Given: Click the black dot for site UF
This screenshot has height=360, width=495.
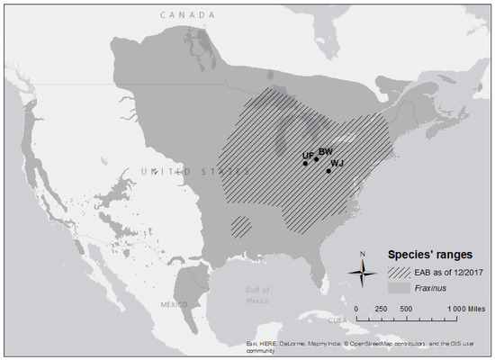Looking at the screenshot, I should pyautogui.click(x=305, y=164).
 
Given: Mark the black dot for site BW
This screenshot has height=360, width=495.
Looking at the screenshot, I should pyautogui.click(x=316, y=159).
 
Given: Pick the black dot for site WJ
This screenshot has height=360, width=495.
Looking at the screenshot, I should pyautogui.click(x=328, y=170).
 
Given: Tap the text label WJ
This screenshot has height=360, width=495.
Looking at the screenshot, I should pyautogui.click(x=337, y=164).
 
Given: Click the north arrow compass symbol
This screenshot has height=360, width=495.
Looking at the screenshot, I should pyautogui.click(x=362, y=272).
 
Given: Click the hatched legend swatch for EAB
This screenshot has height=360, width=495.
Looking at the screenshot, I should pyautogui.click(x=400, y=271).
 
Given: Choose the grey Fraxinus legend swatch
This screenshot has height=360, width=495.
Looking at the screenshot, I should pyautogui.click(x=400, y=287).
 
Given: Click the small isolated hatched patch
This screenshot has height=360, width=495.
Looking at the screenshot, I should pyautogui.click(x=239, y=226).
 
